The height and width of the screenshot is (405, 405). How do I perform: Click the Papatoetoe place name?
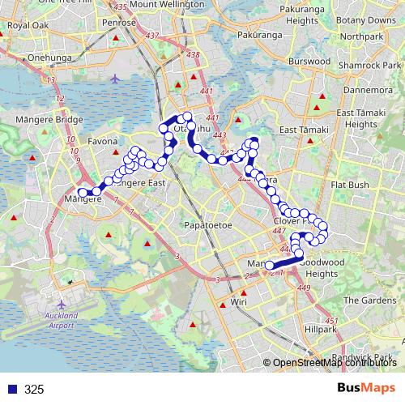[208, 224]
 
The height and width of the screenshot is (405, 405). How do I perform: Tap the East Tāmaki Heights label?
[356, 119]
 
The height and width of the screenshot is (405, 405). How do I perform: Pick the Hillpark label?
[321, 330]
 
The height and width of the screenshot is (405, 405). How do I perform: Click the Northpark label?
[362, 36]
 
